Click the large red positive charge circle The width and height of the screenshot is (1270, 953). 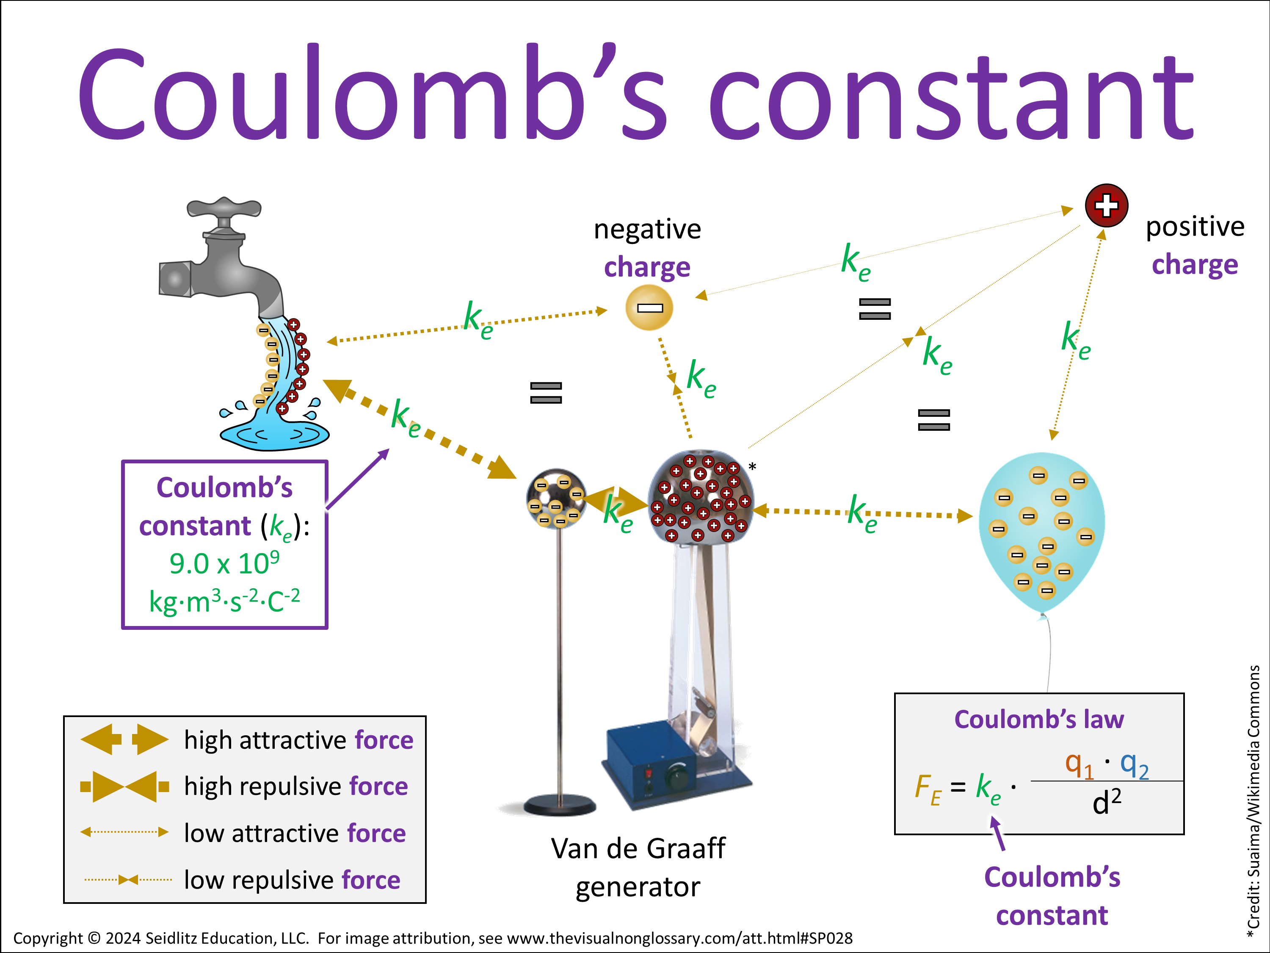(1106, 205)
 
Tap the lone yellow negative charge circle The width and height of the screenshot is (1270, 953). (649, 308)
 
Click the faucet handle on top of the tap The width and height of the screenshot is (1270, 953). (224, 208)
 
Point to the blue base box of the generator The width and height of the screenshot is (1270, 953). (649, 758)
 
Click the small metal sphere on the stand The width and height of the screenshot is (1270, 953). (556, 498)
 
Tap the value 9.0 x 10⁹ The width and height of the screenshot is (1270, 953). (224, 563)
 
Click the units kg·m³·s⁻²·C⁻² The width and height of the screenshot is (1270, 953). (224, 601)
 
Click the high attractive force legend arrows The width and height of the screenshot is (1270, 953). (124, 739)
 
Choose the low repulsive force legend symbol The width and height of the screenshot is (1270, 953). (128, 879)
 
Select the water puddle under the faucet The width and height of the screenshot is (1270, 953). (274, 435)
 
